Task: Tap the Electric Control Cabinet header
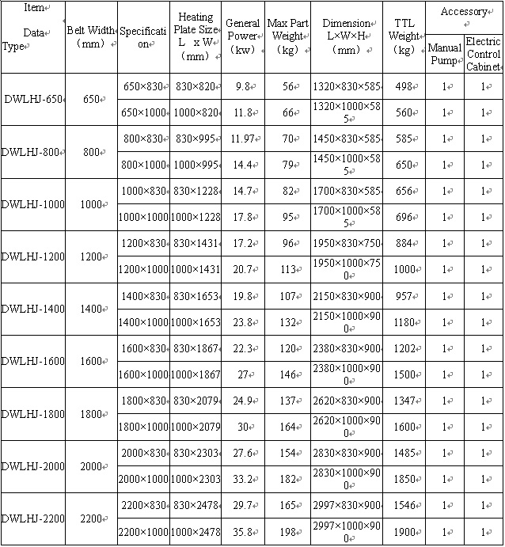[x=483, y=54]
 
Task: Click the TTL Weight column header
[x=404, y=37]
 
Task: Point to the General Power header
[x=242, y=36]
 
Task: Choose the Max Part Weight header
[x=287, y=36]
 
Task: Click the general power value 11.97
[x=241, y=139]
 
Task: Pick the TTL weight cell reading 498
[x=404, y=86]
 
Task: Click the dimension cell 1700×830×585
[x=347, y=191]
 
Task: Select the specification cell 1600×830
[x=143, y=348]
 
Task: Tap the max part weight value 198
[x=287, y=532]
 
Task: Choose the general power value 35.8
[x=241, y=532]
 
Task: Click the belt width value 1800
[x=92, y=413]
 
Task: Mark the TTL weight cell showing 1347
[x=404, y=401]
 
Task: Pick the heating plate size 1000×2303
[x=196, y=480]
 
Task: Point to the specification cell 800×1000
[x=143, y=165]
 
